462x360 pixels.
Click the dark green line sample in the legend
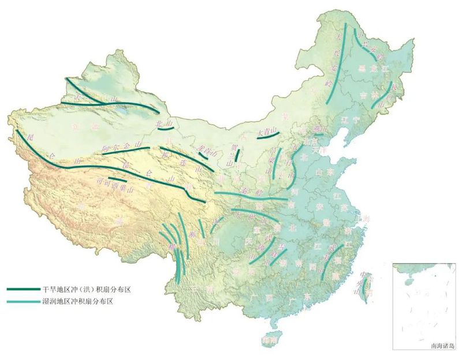point(23,289)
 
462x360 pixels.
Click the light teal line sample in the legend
point(23,301)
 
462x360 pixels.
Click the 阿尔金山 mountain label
point(121,147)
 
